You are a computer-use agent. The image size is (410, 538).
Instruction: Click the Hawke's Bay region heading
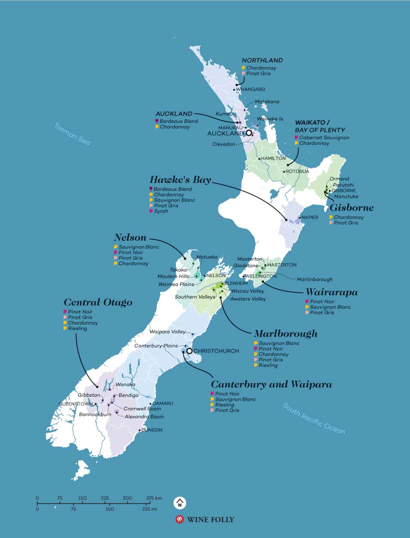pyautogui.click(x=180, y=180)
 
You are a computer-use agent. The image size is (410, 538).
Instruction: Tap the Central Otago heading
pyautogui.click(x=98, y=302)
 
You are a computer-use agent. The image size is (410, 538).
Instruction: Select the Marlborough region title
pyautogui.click(x=286, y=334)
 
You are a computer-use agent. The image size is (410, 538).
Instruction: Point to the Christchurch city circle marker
pyautogui.click(x=189, y=351)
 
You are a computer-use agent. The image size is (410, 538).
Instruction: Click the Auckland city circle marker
pyautogui.click(x=249, y=133)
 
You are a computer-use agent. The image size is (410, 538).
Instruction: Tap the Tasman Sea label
pyautogui.click(x=73, y=134)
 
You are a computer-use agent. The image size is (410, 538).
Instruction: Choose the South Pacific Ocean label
pyautogui.click(x=314, y=418)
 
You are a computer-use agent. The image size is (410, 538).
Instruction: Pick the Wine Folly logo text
pyautogui.click(x=210, y=520)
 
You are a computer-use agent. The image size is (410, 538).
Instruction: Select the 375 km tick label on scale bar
pyautogui.click(x=154, y=498)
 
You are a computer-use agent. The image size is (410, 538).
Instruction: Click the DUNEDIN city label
pyautogui.click(x=152, y=430)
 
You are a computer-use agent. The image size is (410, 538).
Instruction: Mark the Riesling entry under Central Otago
pyautogui.click(x=78, y=329)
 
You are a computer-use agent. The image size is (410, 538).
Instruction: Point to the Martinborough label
pyautogui.click(x=315, y=279)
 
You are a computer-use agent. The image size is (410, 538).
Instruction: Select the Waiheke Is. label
pyautogui.click(x=271, y=119)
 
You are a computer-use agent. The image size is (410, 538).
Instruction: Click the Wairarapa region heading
pyautogui.click(x=332, y=293)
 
